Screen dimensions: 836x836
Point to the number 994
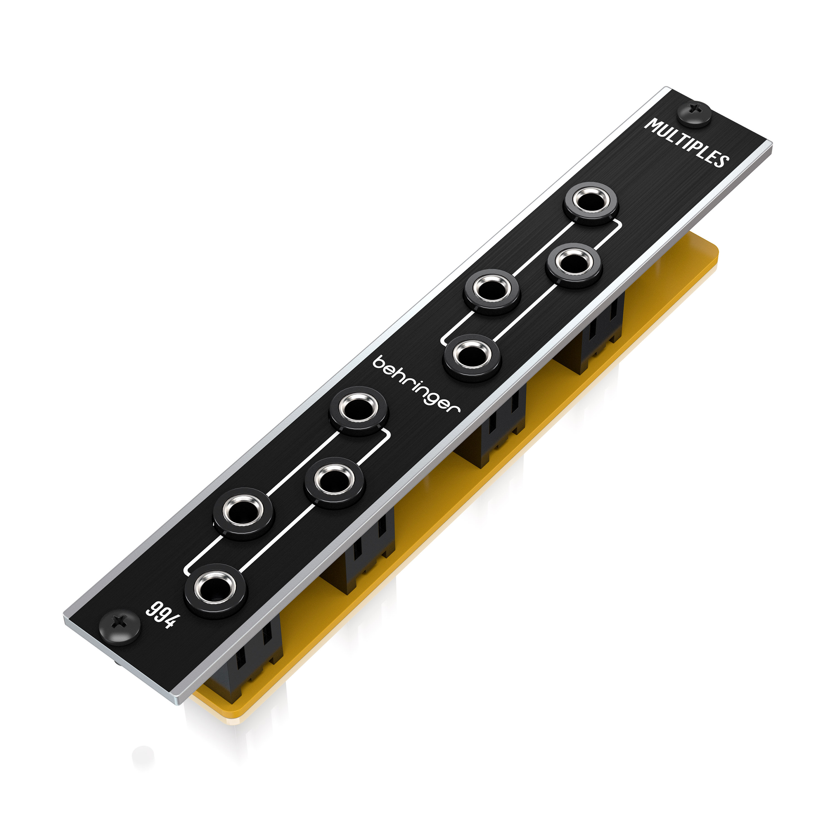tap(161, 614)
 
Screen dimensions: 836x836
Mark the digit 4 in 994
tap(170, 621)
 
